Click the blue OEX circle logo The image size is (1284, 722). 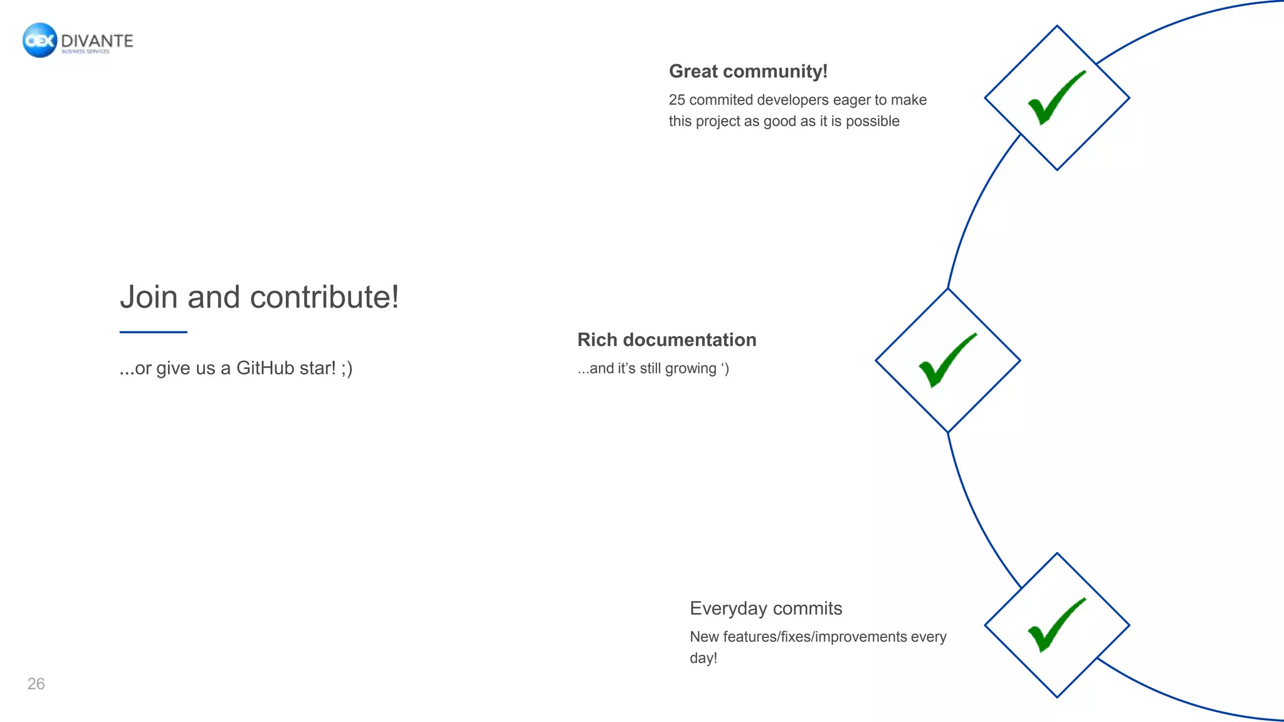(39, 40)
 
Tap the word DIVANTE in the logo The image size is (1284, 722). (97, 41)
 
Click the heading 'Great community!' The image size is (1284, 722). (748, 71)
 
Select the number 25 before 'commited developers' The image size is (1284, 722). (676, 100)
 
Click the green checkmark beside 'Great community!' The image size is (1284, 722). (1056, 98)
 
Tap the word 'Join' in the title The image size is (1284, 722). (149, 297)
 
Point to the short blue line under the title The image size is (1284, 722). (153, 332)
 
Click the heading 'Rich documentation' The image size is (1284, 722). (666, 340)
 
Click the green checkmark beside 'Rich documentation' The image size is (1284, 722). (947, 360)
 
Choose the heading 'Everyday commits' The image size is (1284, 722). (766, 609)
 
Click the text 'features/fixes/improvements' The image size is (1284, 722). (814, 637)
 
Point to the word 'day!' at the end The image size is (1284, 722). (703, 658)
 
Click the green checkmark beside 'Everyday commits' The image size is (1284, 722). (1056, 625)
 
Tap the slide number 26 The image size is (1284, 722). (36, 684)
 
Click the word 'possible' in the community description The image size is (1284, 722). (872, 122)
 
